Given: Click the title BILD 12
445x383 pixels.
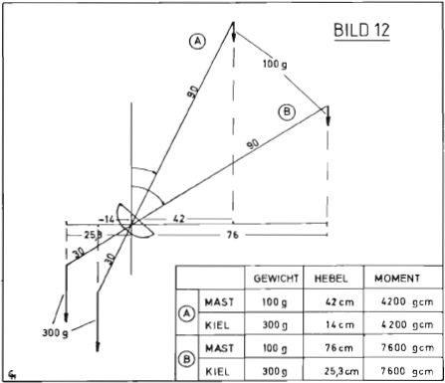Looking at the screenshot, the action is pyautogui.click(x=361, y=30).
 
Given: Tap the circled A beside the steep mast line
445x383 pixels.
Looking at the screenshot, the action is pyautogui.click(x=197, y=42).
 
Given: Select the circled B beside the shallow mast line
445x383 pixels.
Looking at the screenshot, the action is pyautogui.click(x=287, y=111).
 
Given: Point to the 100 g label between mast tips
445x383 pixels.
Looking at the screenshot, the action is pyautogui.click(x=275, y=64).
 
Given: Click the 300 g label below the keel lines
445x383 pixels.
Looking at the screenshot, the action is pyautogui.click(x=55, y=332).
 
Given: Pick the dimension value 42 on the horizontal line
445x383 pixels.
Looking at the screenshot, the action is pyautogui.click(x=179, y=219).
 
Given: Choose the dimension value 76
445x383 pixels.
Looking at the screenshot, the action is pyautogui.click(x=232, y=235).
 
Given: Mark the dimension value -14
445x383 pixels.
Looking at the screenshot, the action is pyautogui.click(x=107, y=219).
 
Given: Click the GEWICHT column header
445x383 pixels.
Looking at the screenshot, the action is pyautogui.click(x=276, y=279).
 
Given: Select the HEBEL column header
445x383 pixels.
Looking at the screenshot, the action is pyautogui.click(x=331, y=279).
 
